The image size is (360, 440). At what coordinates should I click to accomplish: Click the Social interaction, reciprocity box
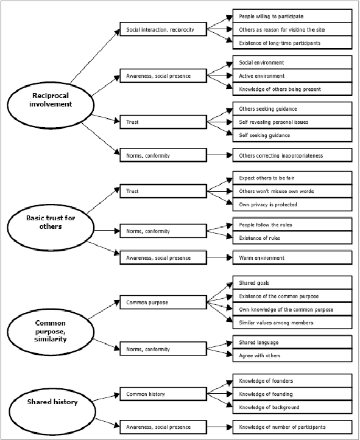point(163,29)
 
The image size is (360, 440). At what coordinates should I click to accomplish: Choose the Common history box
point(163,394)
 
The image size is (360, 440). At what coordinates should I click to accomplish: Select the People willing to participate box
point(292,16)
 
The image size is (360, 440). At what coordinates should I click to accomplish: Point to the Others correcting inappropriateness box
point(292,155)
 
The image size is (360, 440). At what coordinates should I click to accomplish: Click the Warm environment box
point(292,257)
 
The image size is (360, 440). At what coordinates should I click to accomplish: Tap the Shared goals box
point(292,282)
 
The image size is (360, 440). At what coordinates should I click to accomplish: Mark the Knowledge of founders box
point(292,380)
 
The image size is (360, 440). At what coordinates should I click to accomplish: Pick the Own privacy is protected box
point(292,204)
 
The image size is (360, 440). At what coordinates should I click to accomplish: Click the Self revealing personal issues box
point(292,122)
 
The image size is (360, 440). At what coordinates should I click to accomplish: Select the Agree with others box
point(292,355)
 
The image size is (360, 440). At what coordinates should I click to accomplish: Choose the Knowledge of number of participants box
point(292,427)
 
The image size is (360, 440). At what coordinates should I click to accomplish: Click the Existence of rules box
point(292,238)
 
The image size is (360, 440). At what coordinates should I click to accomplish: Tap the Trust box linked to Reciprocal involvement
point(163,122)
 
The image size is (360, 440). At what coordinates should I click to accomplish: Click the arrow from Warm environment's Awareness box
point(220,257)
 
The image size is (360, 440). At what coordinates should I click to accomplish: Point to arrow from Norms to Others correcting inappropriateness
point(220,155)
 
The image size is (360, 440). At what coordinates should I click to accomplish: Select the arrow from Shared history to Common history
point(106,397)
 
